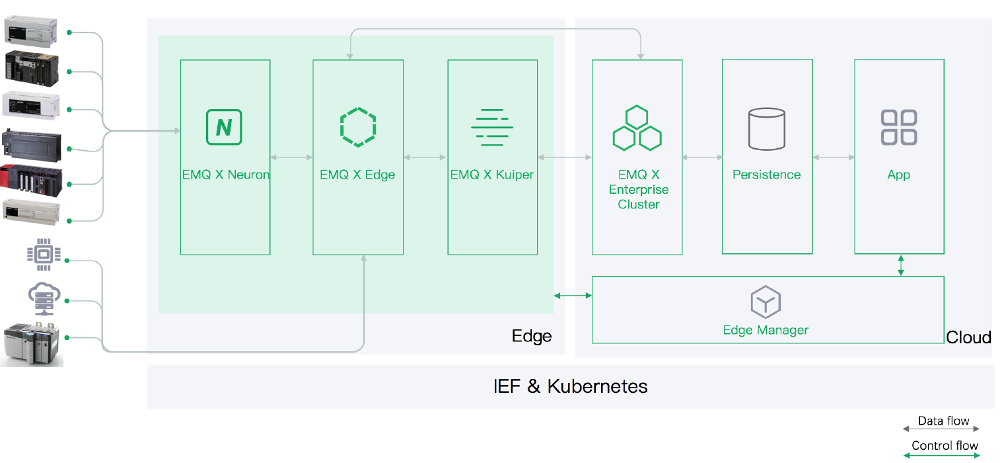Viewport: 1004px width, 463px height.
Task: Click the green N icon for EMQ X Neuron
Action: (x=224, y=128)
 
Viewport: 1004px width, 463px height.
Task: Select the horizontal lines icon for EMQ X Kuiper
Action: (x=492, y=128)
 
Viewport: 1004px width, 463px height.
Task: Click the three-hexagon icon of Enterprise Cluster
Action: (x=637, y=128)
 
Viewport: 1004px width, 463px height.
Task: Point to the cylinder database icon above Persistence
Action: (x=767, y=129)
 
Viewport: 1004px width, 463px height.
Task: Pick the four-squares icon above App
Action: (x=899, y=128)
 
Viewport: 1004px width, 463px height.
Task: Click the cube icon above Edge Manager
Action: (x=766, y=302)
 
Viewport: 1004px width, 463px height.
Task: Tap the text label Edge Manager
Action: (x=766, y=330)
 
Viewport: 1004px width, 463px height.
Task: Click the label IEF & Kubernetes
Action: (x=571, y=386)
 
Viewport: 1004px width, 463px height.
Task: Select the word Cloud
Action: (x=968, y=337)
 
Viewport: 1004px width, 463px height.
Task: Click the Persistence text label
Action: (x=766, y=175)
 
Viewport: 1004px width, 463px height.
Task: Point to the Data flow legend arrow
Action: (x=941, y=429)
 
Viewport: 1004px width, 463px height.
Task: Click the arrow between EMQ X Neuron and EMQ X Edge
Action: (x=292, y=157)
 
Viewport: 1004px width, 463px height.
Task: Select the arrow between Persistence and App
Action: (x=834, y=157)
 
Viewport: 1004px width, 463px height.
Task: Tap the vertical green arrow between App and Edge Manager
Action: (x=901, y=265)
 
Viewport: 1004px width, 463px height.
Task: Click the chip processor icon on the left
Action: (x=44, y=255)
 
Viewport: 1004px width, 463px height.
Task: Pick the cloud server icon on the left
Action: (x=44, y=299)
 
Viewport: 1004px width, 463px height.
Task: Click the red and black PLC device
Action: (x=32, y=181)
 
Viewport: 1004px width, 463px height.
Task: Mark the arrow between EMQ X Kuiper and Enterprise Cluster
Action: (x=565, y=157)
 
